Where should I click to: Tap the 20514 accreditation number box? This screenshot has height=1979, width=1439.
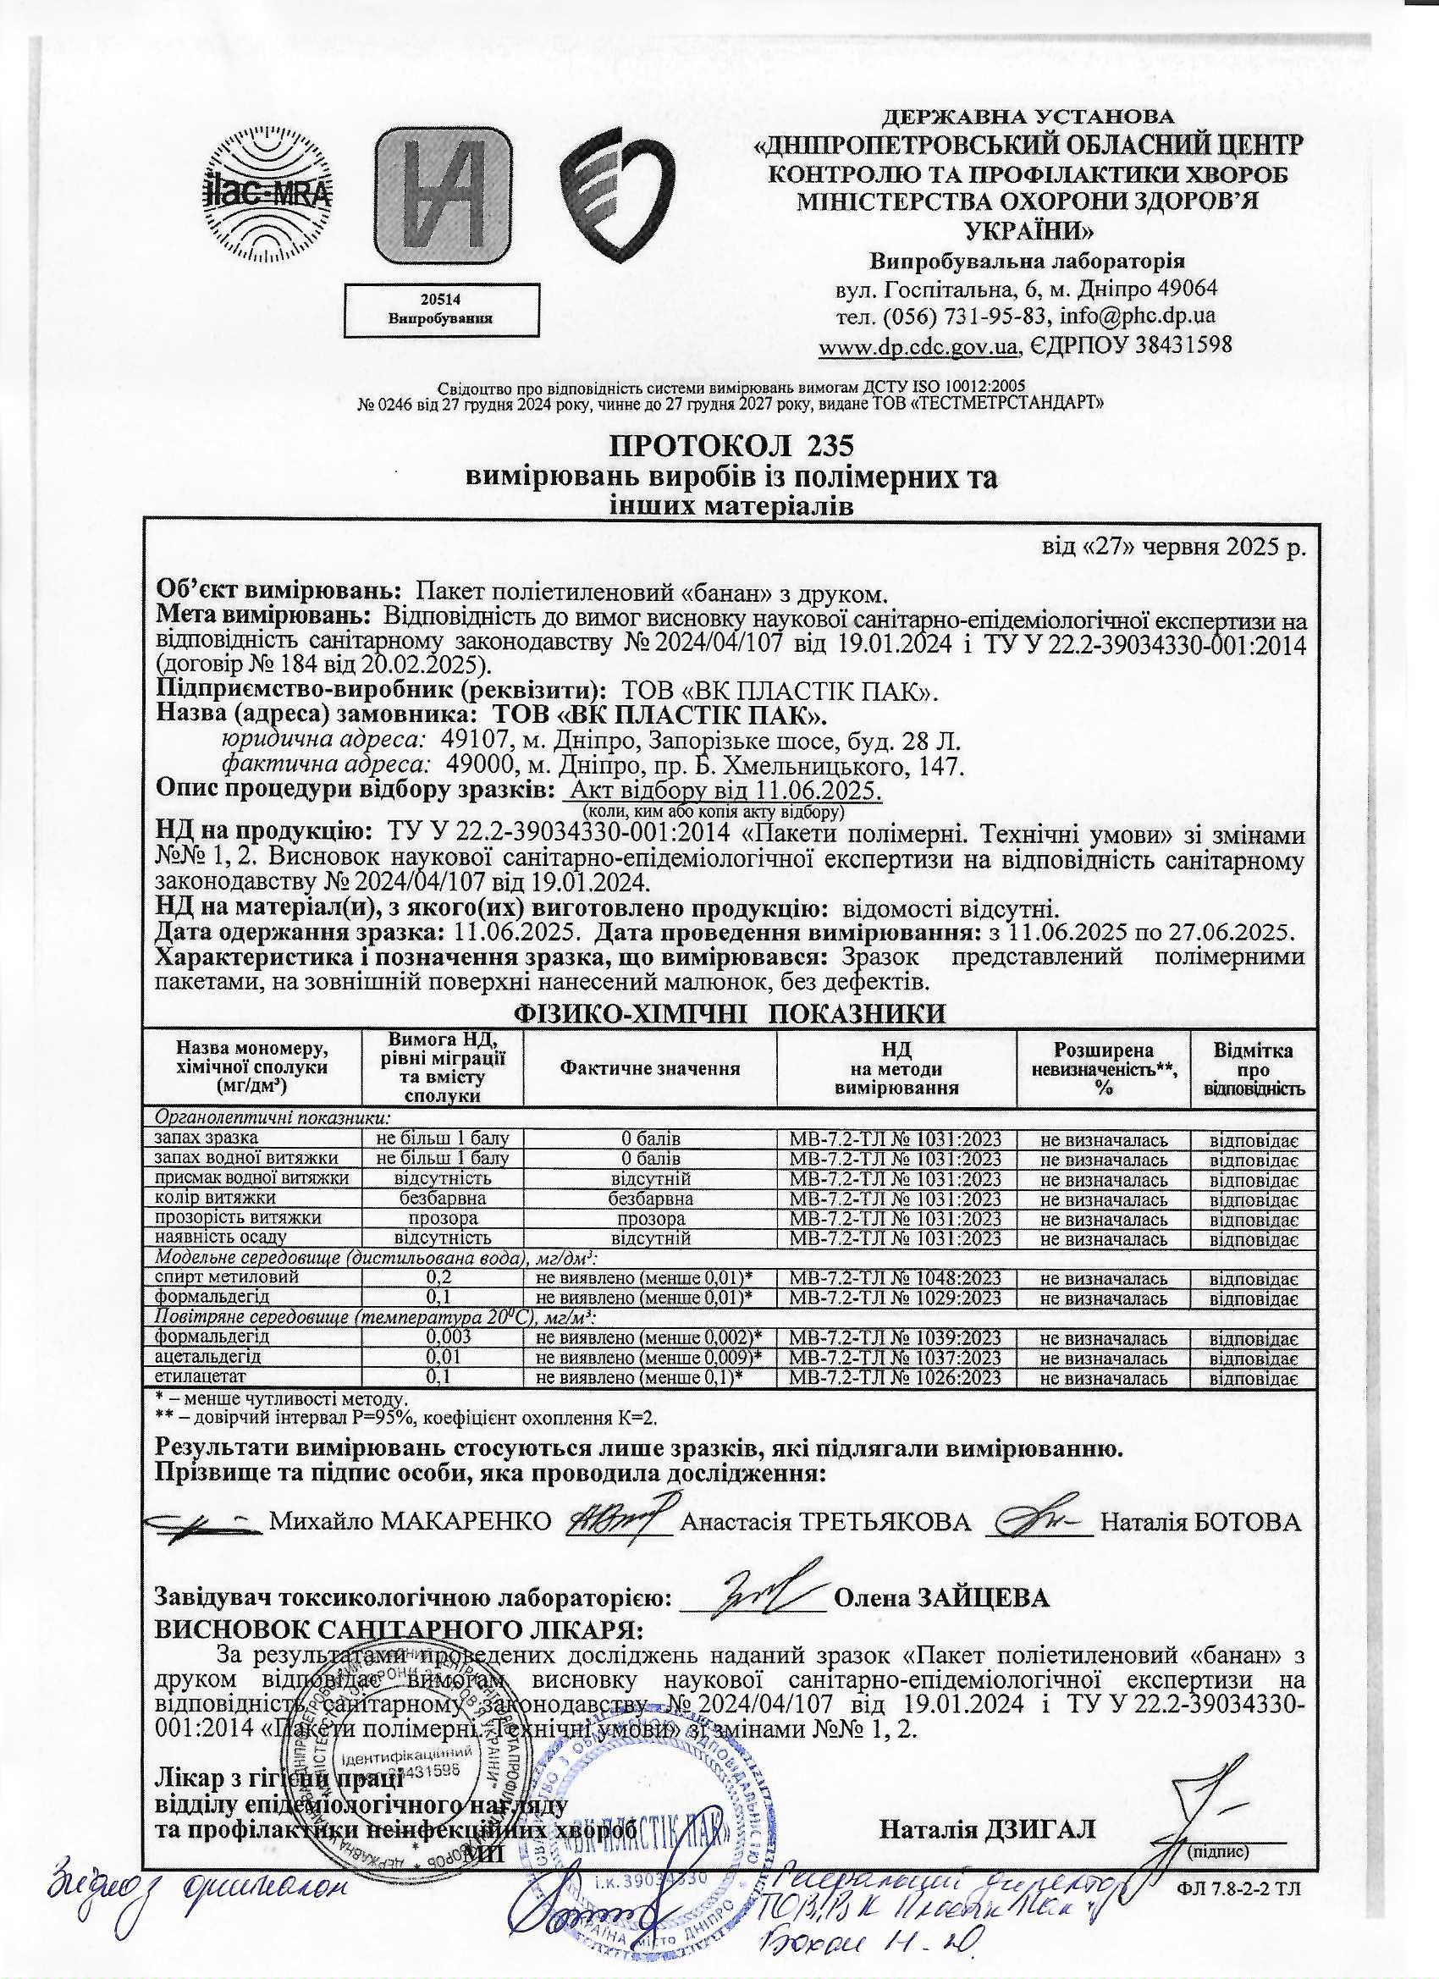coord(441,309)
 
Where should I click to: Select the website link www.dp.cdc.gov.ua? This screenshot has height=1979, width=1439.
coord(918,346)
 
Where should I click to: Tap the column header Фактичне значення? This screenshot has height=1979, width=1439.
coord(650,1067)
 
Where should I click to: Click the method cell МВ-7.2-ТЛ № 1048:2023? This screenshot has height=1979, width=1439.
coord(896,1277)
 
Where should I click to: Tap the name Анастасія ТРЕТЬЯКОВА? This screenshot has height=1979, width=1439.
coord(824,1521)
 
